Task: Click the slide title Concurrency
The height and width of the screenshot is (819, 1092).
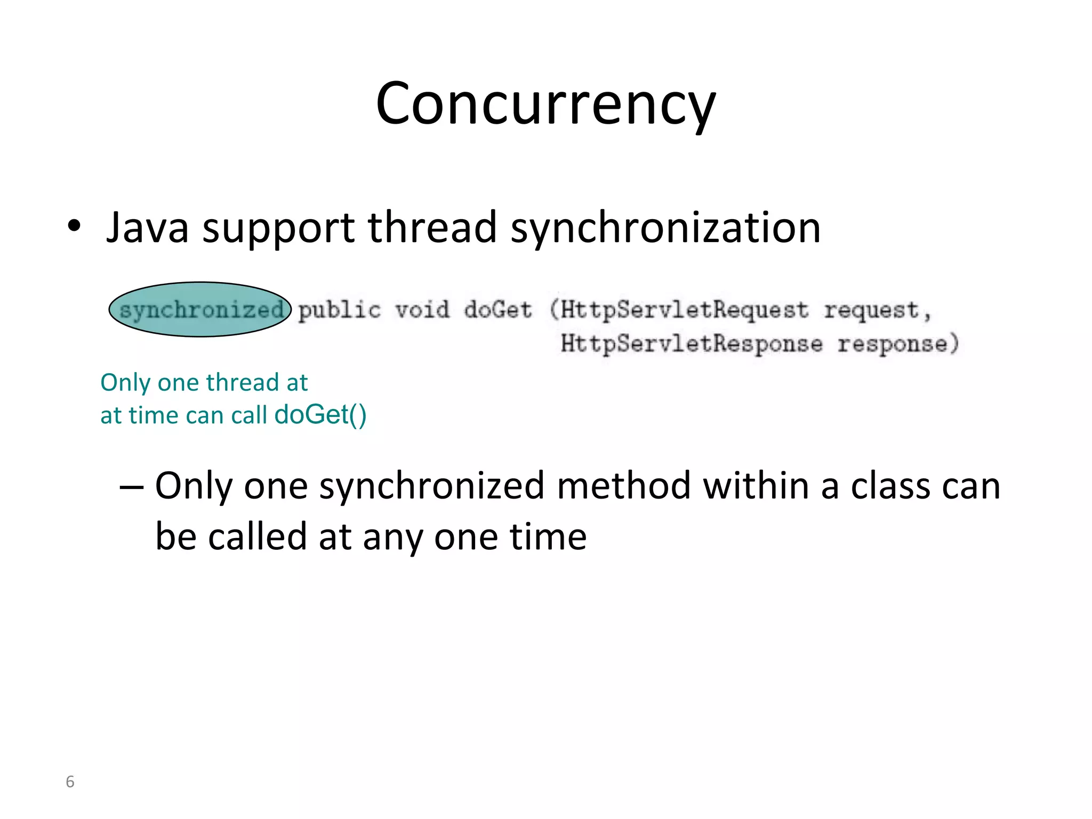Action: click(545, 104)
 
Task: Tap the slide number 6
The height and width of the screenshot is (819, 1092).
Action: click(70, 782)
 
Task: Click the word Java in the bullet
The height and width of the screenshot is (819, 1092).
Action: click(148, 228)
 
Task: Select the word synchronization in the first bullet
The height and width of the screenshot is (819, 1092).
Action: click(665, 228)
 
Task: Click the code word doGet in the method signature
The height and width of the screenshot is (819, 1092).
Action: click(498, 310)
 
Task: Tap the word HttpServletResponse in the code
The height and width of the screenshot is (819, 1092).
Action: click(691, 343)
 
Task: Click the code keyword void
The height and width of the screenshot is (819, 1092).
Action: click(422, 310)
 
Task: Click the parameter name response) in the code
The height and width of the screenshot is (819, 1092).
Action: click(898, 343)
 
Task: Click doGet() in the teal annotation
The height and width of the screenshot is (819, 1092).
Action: click(320, 415)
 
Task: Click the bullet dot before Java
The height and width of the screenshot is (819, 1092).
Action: click(74, 226)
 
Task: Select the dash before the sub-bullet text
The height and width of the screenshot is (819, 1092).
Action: click(131, 487)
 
